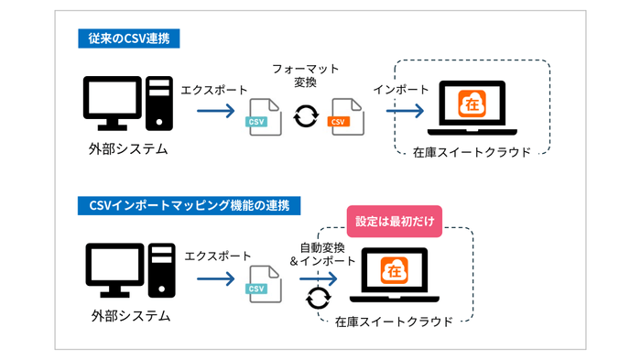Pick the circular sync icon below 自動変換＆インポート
click(317, 298)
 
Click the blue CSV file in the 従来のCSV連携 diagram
click(262, 115)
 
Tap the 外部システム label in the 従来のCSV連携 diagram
click(129, 149)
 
